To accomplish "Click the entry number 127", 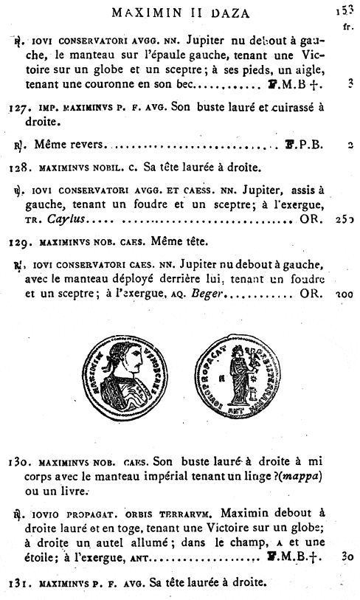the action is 18,107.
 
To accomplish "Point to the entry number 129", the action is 18,241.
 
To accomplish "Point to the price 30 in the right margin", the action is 348,559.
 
